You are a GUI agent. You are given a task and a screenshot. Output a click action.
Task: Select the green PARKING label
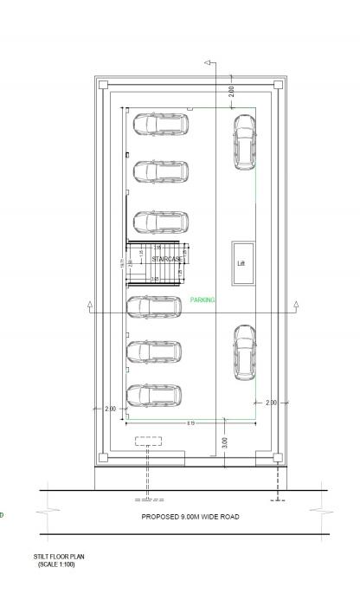(x=202, y=300)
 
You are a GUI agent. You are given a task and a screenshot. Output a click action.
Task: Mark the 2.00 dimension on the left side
(x=110, y=408)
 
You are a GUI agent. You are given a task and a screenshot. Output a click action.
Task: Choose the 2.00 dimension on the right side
(x=271, y=403)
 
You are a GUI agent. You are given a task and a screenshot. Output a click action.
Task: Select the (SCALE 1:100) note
(x=57, y=564)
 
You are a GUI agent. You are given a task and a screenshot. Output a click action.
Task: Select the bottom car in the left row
(x=154, y=396)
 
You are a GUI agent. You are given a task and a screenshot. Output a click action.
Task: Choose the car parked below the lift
(x=244, y=351)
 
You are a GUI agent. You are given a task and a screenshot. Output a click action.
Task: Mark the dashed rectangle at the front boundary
(x=148, y=442)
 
